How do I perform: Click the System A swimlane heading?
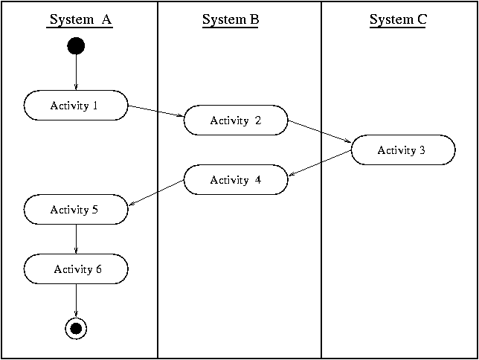[80, 20]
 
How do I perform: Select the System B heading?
[231, 20]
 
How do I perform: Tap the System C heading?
[398, 20]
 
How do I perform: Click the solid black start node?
[76, 46]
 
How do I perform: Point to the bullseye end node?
[76, 327]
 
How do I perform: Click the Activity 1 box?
[76, 106]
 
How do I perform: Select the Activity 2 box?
[236, 120]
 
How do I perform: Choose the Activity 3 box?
[402, 150]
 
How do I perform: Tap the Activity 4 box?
[236, 180]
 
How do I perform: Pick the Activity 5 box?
[76, 210]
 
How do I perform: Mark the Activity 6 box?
[76, 269]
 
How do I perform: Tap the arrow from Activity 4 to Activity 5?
[156, 195]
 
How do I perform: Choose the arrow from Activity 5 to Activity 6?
[76, 239]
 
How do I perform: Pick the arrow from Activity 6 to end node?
[76, 299]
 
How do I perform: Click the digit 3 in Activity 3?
[422, 150]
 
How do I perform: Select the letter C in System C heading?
[421, 20]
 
